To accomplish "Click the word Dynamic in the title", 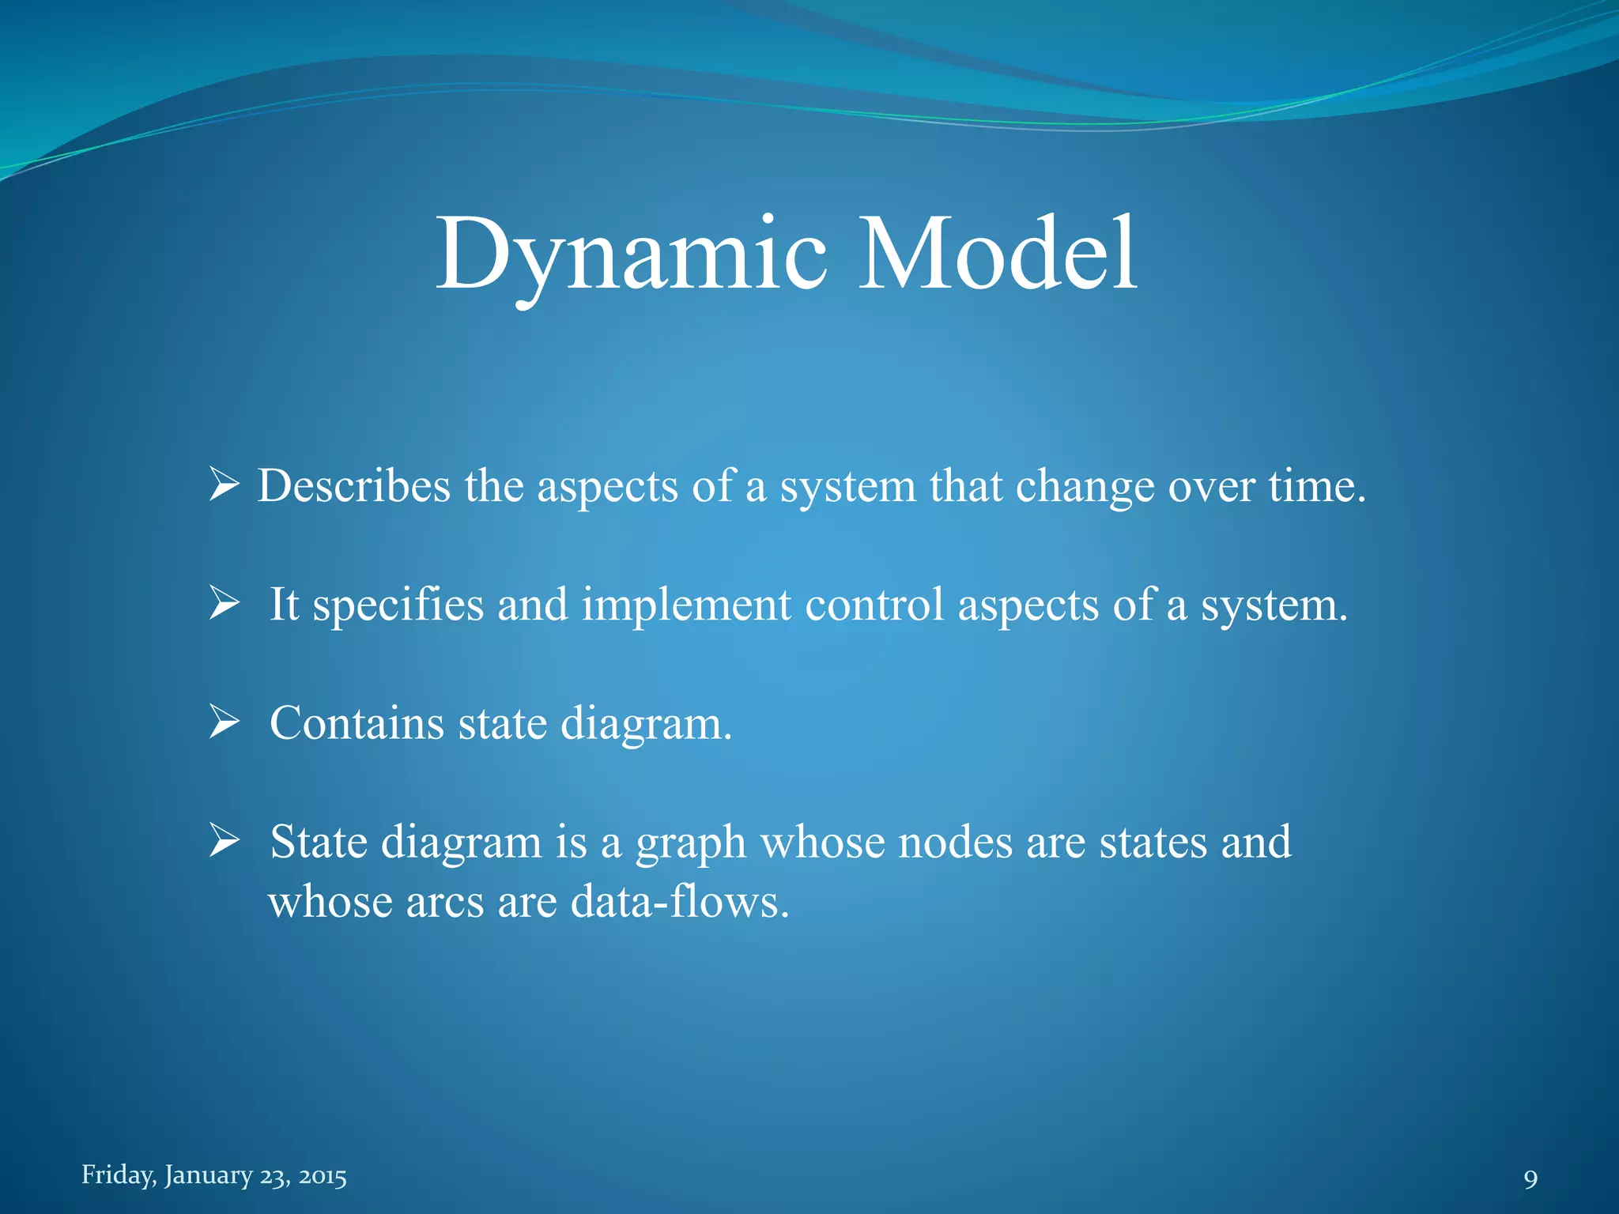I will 631,254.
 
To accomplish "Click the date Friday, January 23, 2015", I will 214,1175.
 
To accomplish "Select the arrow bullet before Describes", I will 224,484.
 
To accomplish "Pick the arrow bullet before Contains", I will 224,722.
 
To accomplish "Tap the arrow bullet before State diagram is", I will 224,840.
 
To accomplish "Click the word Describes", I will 353,485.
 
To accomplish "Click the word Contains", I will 357,722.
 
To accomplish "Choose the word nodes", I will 955,841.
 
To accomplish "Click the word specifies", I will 398,605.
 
